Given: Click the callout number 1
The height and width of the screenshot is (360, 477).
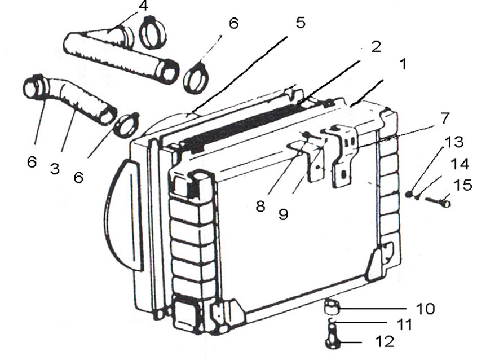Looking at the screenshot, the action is pyautogui.click(x=403, y=64).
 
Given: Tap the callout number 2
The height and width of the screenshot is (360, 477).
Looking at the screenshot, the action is pyautogui.click(x=376, y=47).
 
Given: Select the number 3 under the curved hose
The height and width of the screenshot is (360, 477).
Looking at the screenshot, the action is pyautogui.click(x=55, y=168).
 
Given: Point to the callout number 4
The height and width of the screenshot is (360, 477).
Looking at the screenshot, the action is pyautogui.click(x=143, y=6).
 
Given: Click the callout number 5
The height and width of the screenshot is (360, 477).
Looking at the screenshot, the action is pyautogui.click(x=301, y=23).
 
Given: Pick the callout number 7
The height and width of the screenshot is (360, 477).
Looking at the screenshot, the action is pyautogui.click(x=444, y=118).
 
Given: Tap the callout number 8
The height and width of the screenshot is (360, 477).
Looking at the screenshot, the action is pyautogui.click(x=260, y=206).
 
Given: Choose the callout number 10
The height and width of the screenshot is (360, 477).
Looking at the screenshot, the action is pyautogui.click(x=426, y=309).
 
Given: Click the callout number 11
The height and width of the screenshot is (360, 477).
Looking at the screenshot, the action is pyautogui.click(x=405, y=324).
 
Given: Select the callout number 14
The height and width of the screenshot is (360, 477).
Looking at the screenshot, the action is pyautogui.click(x=460, y=164).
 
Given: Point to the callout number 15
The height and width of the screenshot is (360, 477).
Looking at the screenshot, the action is pyautogui.click(x=462, y=185).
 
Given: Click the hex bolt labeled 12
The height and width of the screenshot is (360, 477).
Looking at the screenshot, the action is pyautogui.click(x=334, y=337).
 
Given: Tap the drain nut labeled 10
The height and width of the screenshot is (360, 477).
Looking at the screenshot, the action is pyautogui.click(x=332, y=307).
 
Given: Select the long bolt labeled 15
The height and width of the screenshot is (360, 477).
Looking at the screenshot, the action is pyautogui.click(x=438, y=201).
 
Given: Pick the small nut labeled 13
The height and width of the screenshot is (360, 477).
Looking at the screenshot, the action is pyautogui.click(x=409, y=194).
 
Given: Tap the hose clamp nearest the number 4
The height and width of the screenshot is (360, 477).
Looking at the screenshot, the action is pyautogui.click(x=153, y=32).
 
